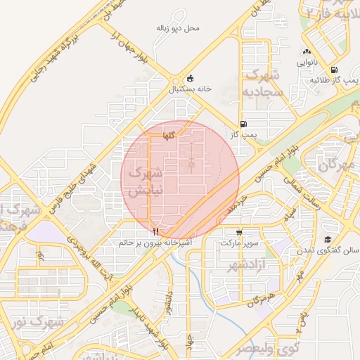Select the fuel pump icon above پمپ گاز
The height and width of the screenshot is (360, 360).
point(243,122)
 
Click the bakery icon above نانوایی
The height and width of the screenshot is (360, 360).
point(306,52)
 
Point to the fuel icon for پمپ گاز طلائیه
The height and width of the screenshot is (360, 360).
point(333,70)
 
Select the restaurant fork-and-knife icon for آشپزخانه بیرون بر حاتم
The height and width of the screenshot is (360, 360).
point(155,231)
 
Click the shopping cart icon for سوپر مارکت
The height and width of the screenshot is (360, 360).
point(240,232)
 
